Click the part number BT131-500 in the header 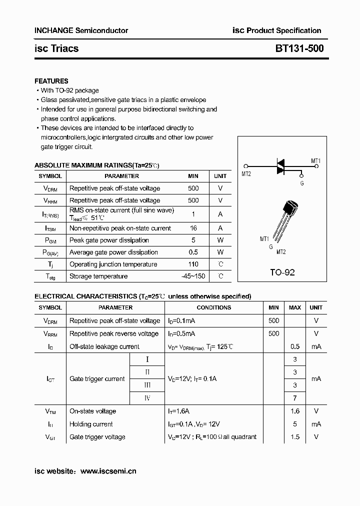click(299, 48)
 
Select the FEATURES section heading click(51, 81)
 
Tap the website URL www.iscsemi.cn click(108, 471)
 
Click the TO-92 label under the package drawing click(282, 272)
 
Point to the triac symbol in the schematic click(281, 166)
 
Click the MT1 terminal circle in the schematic click(316, 167)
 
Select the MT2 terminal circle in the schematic click(245, 167)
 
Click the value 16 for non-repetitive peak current click(193, 228)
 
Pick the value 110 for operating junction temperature click(193, 264)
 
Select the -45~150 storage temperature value click(193, 276)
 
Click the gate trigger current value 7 click(295, 398)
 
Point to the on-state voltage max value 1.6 click(295, 411)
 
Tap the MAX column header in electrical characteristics click(295, 307)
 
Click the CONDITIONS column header click(214, 307)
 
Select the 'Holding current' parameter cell click(91, 424)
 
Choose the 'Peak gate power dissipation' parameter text click(109, 240)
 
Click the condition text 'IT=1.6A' click(179, 411)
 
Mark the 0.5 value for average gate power click(193, 252)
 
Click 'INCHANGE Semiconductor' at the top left click(81, 30)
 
